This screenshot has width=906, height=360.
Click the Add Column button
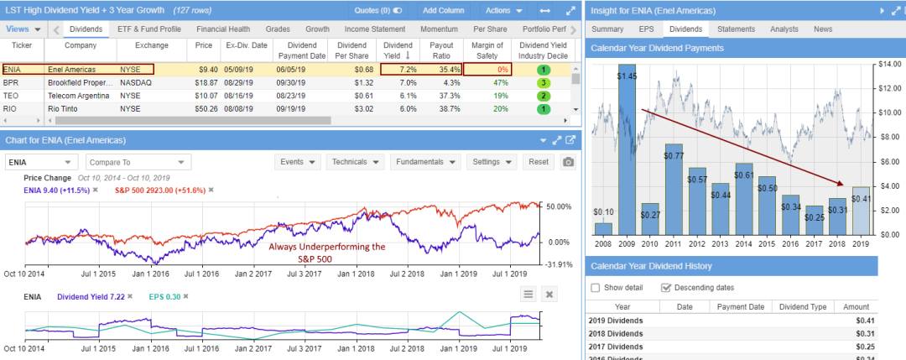pos(443,11)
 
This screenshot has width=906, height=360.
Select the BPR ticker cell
pos(11,83)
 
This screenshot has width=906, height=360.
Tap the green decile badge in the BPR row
pos(544,83)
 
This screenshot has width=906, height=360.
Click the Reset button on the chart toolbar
pos(538,162)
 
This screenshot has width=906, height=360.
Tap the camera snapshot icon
pos(569,162)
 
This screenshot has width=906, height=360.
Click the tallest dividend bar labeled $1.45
pos(627,151)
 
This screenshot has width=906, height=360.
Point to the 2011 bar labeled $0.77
pos(674,189)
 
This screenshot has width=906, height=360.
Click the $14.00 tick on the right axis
pos(890,64)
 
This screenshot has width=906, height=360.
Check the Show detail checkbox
pos(596,288)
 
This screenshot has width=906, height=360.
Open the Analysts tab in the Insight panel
pos(784,29)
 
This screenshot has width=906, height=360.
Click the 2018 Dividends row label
pos(617,334)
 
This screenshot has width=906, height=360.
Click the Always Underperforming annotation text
pos(327,253)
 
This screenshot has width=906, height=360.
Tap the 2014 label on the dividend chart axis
pos(742,243)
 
